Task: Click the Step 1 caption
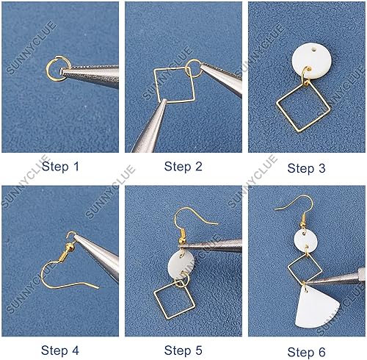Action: click(60, 167)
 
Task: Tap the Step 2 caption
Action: click(183, 167)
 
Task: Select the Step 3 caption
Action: click(306, 168)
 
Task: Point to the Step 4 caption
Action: click(60, 350)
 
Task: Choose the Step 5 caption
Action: click(183, 350)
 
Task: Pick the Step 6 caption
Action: click(306, 352)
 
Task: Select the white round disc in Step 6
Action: click(305, 241)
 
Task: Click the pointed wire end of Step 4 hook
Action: click(98, 288)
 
